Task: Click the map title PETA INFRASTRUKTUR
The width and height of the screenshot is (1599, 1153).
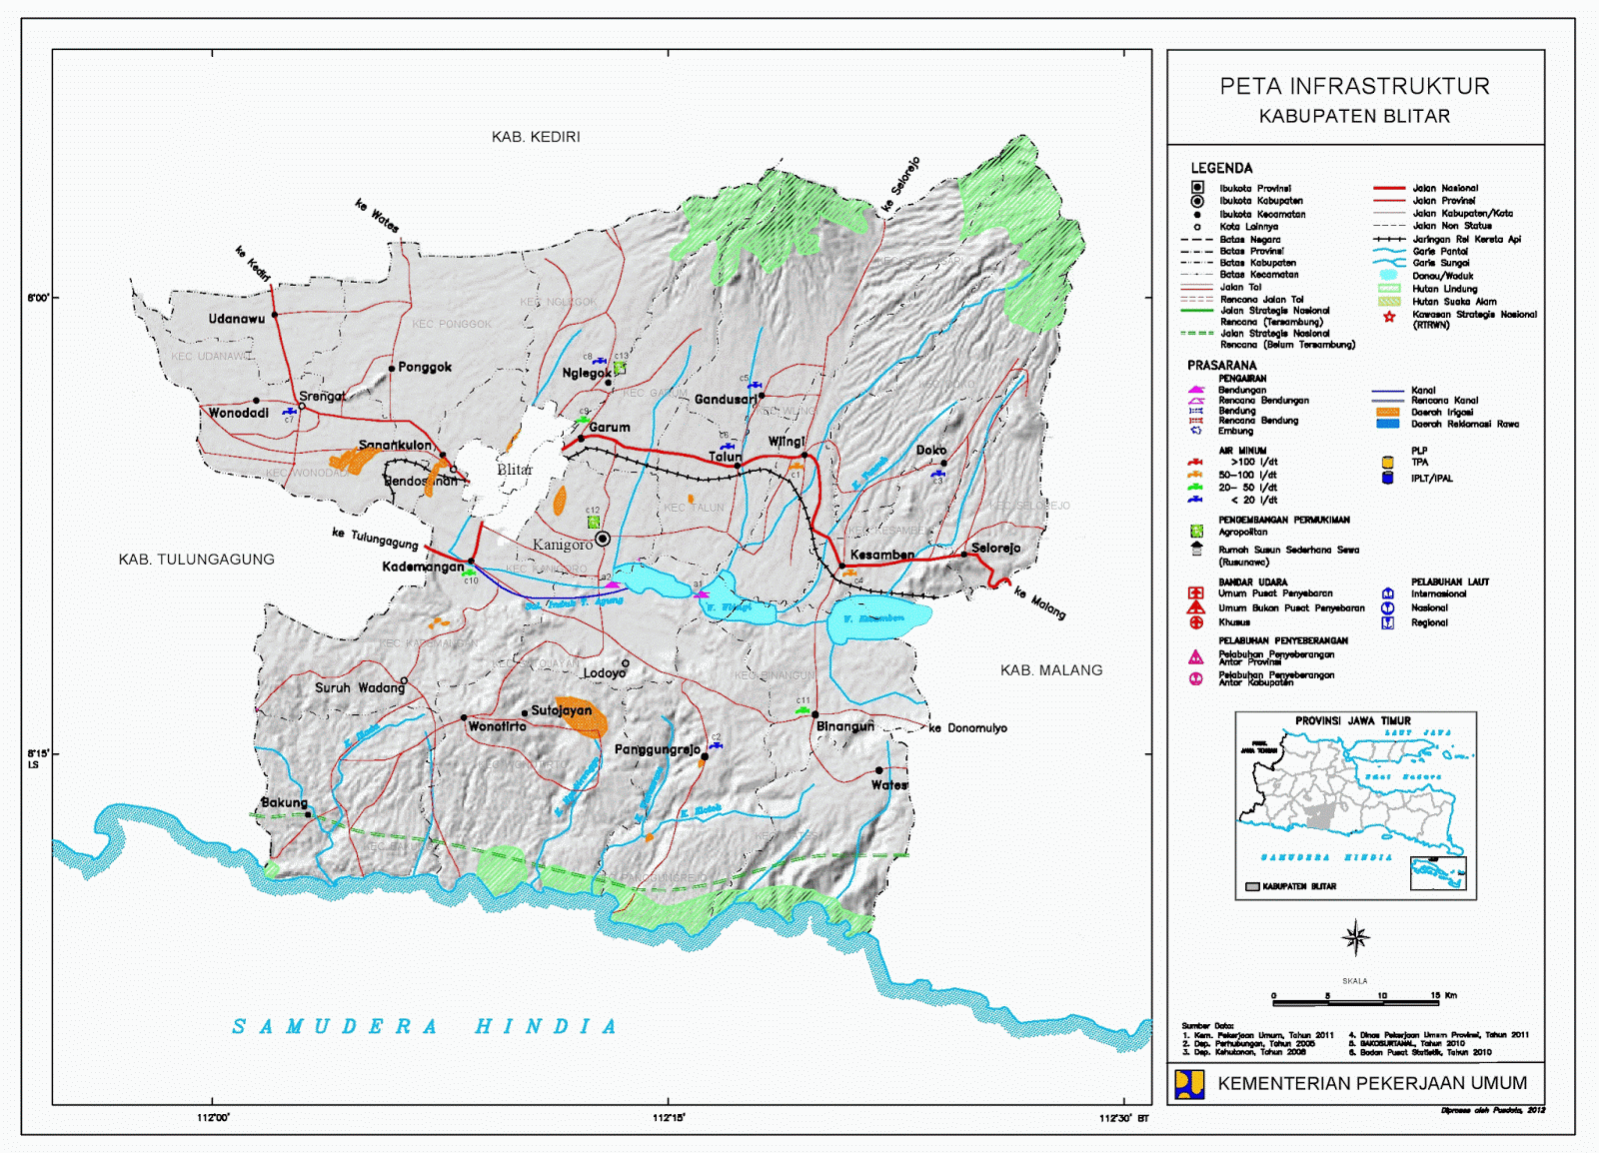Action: pyautogui.click(x=1354, y=87)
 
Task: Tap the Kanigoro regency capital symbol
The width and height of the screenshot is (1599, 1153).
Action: pyautogui.click(x=603, y=539)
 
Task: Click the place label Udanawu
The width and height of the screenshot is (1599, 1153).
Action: pyautogui.click(x=237, y=319)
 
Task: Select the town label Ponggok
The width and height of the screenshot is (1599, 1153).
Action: pyautogui.click(x=425, y=367)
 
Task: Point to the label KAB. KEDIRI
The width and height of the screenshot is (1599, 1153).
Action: pyautogui.click(x=536, y=137)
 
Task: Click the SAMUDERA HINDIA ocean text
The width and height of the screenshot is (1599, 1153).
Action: pyautogui.click(x=426, y=1026)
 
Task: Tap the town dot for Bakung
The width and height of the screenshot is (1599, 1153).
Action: pyautogui.click(x=308, y=814)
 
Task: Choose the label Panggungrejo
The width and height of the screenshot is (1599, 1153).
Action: pyautogui.click(x=658, y=749)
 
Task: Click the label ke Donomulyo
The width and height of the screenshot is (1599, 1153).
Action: pyautogui.click(x=967, y=728)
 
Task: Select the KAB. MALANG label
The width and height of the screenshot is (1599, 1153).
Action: pyautogui.click(x=1051, y=670)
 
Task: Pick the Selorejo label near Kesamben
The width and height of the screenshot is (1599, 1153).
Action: pyautogui.click(x=995, y=548)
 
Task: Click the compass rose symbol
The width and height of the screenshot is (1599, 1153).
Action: pyautogui.click(x=1356, y=937)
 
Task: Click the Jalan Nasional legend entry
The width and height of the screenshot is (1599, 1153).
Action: pyautogui.click(x=1444, y=188)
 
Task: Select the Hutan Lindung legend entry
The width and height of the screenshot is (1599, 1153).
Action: pyautogui.click(x=1444, y=289)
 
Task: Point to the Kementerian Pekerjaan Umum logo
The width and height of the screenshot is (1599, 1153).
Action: pyautogui.click(x=1189, y=1084)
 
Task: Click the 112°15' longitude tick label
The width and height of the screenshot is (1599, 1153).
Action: pyautogui.click(x=669, y=1118)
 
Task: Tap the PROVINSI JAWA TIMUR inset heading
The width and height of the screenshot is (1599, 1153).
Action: pyautogui.click(x=1352, y=720)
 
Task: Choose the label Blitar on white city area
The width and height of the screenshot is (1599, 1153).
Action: pyautogui.click(x=515, y=470)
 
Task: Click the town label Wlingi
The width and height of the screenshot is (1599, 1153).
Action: pyautogui.click(x=787, y=442)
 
